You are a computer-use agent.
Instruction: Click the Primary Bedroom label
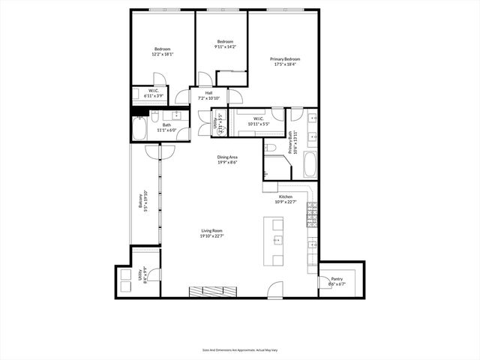click(286, 58)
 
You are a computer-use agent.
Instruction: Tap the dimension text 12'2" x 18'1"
click(163, 54)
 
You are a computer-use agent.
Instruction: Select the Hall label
click(208, 93)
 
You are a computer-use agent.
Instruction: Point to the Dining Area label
click(228, 157)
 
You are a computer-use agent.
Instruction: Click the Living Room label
click(211, 231)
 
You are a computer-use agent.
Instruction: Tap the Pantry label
click(336, 279)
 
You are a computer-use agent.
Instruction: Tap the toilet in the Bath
click(154, 117)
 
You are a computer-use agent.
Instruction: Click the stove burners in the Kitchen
click(310, 218)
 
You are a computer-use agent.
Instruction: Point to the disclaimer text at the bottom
click(239, 349)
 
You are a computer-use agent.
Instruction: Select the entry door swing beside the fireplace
click(276, 289)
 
